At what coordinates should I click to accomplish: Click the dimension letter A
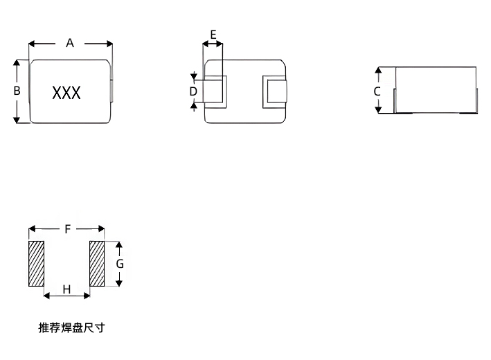pyautogui.click(x=70, y=43)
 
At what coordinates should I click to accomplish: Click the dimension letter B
pyautogui.click(x=18, y=91)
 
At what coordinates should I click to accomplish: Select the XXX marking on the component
pyautogui.click(x=66, y=93)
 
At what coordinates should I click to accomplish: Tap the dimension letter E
pyautogui.click(x=213, y=34)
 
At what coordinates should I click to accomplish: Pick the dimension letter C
pyautogui.click(x=377, y=91)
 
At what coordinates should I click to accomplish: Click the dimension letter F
pyautogui.click(x=67, y=229)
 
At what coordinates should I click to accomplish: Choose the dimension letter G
pyautogui.click(x=120, y=264)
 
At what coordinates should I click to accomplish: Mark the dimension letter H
pyautogui.click(x=67, y=289)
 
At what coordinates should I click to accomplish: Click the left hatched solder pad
pyautogui.click(x=36, y=264)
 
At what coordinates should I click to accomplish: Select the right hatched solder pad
pyautogui.click(x=97, y=264)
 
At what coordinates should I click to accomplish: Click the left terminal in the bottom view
pyautogui.click(x=214, y=91)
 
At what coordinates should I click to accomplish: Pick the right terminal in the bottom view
pyautogui.click(x=274, y=91)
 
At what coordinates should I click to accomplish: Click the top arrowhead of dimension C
pyautogui.click(x=378, y=71)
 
